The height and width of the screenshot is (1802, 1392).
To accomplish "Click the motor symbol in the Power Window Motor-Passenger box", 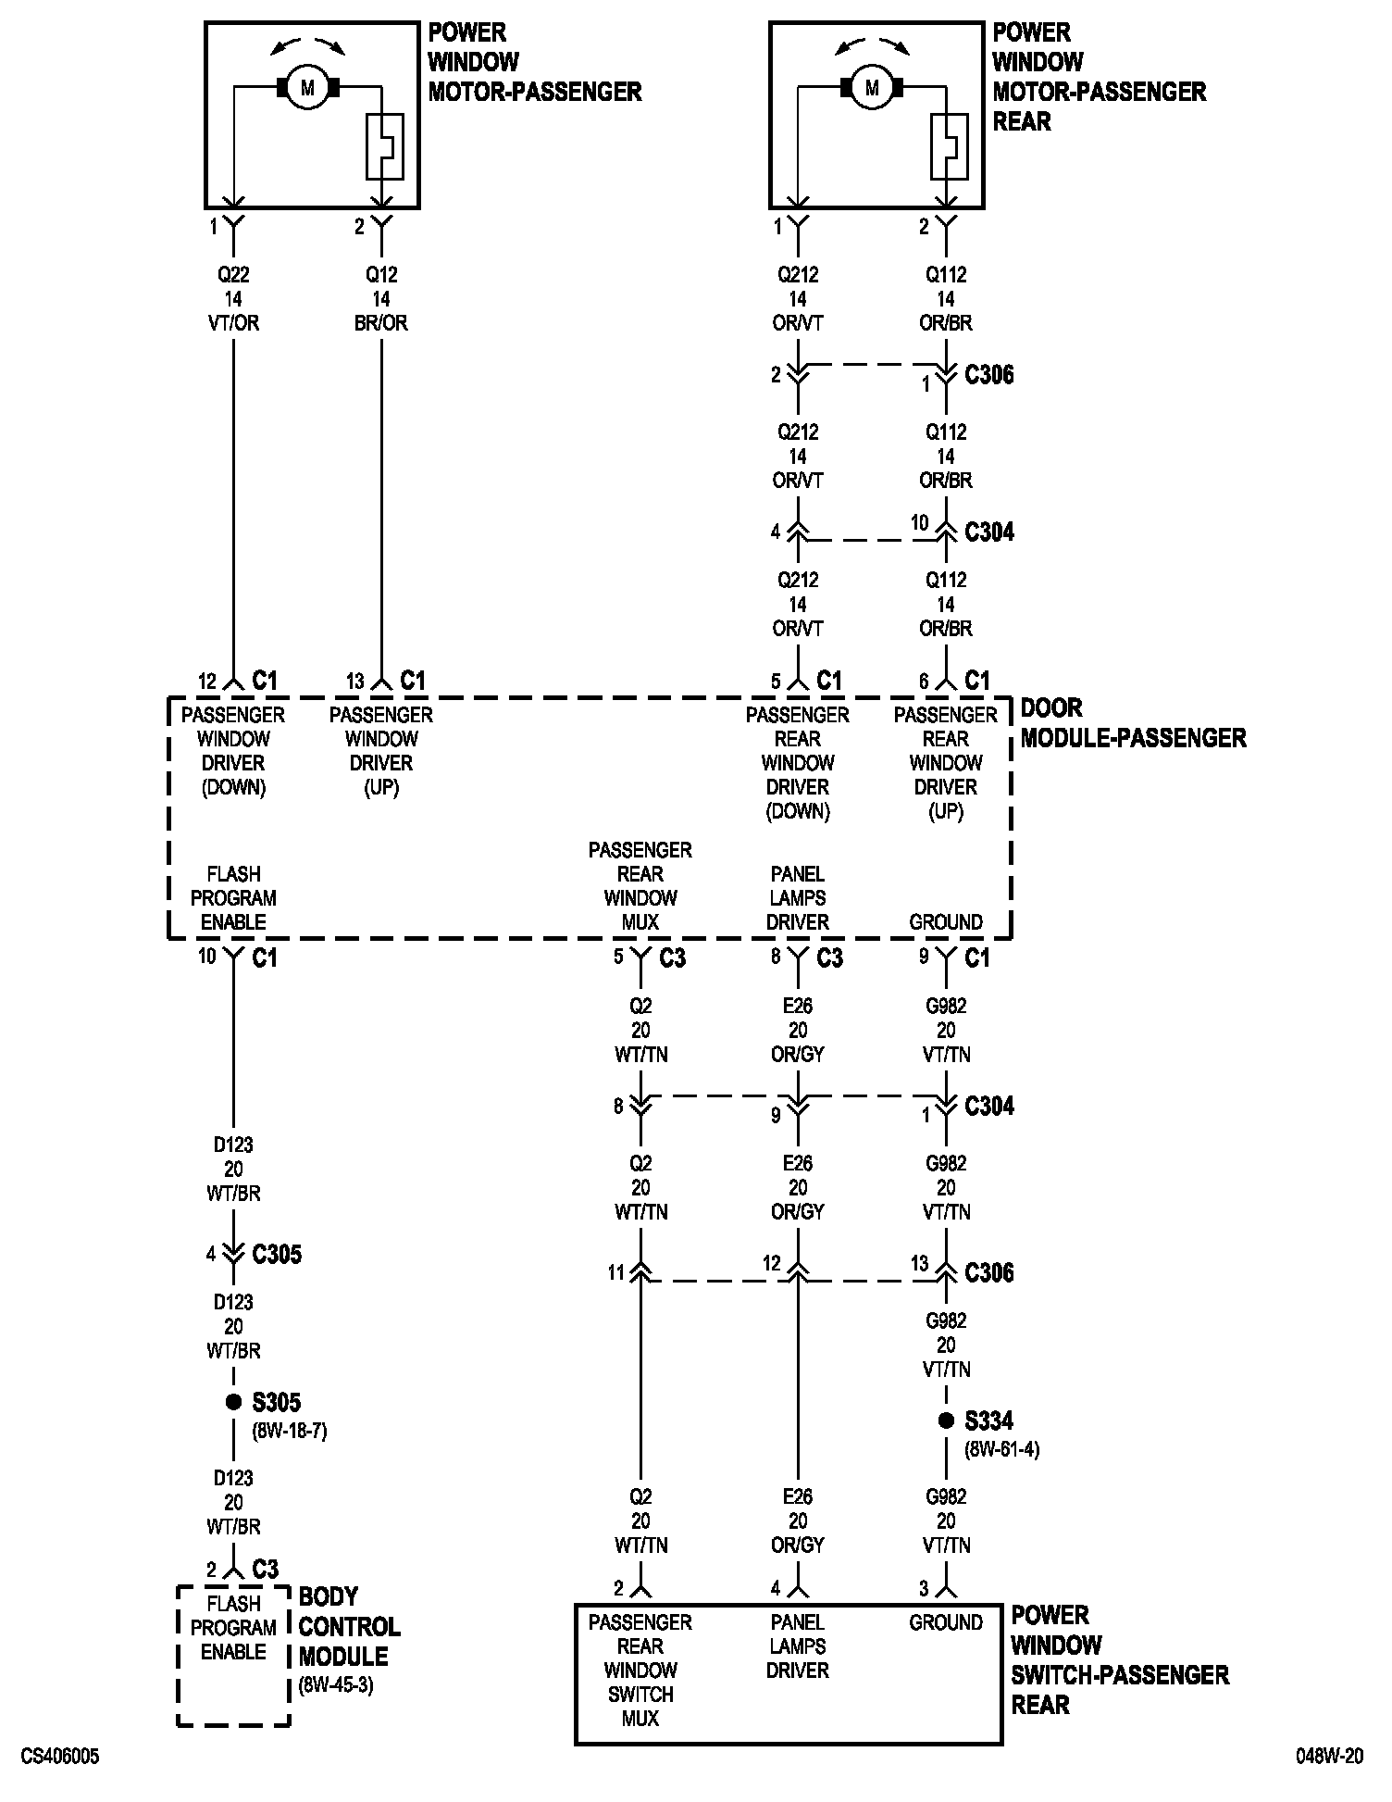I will (308, 88).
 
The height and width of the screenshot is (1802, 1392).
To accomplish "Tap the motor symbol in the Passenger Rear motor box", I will (872, 88).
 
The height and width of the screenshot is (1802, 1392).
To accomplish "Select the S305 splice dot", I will (233, 1402).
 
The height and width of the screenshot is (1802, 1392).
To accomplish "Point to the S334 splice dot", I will (946, 1420).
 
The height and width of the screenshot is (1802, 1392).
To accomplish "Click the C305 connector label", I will (277, 1255).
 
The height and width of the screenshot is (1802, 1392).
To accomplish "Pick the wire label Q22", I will (233, 274).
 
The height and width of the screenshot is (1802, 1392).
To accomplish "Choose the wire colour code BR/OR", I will (381, 323).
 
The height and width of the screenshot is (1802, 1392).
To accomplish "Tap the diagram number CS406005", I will (60, 1757).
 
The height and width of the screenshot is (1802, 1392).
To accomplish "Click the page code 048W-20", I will (1329, 1757).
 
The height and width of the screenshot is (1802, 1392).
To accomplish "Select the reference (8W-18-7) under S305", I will (289, 1431).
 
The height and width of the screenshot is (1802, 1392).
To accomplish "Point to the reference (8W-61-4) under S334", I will (1001, 1449).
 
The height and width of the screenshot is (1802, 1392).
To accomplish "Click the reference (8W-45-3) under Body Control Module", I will (335, 1685).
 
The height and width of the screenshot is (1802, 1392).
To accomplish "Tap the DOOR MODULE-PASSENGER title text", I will (1132, 723).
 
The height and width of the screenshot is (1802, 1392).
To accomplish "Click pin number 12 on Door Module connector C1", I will (206, 682).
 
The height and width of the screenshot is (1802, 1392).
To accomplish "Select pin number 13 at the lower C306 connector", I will (919, 1263).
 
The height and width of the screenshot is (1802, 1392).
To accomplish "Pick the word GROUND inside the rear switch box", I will (945, 1622).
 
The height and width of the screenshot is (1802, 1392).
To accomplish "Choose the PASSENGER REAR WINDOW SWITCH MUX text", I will (640, 1670).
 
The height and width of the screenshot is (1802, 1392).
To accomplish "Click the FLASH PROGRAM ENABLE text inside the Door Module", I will (233, 898).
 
